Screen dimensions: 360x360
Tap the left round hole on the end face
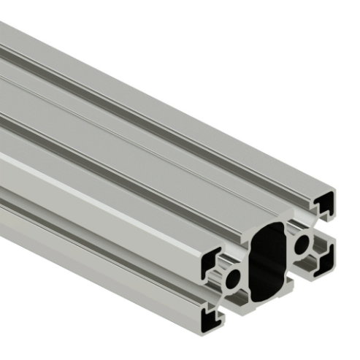click(x=234, y=278)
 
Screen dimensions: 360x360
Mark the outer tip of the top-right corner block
click(x=338, y=191)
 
